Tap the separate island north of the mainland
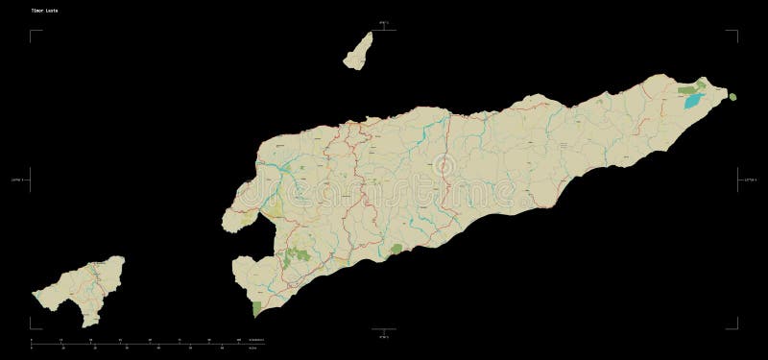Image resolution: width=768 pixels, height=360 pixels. point(358,50)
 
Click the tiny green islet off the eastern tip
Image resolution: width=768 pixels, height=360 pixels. point(732,96)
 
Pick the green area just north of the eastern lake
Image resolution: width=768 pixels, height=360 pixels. point(689,89)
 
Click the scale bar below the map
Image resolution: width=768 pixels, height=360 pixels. point(144,340)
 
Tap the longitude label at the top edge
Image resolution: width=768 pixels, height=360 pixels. point(383,18)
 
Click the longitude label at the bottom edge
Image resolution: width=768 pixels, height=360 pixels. point(383,338)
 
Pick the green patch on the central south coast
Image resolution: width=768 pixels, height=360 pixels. point(394,250)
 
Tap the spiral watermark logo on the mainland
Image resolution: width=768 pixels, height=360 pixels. point(444,167)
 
